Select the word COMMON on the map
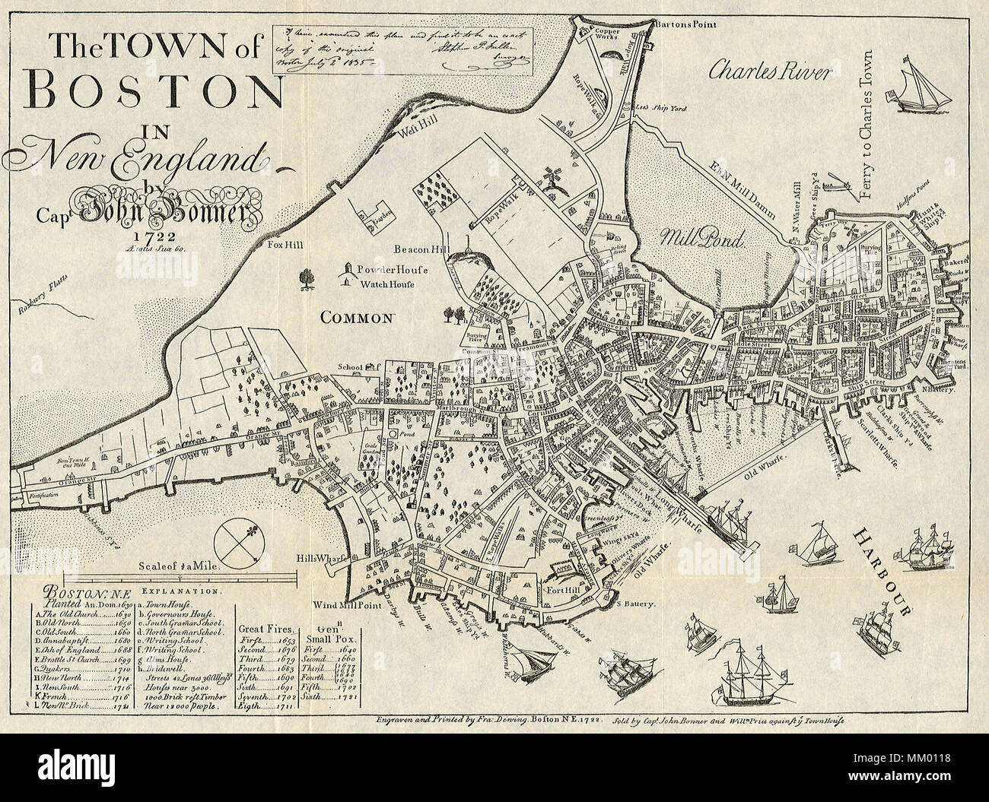[359, 319]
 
